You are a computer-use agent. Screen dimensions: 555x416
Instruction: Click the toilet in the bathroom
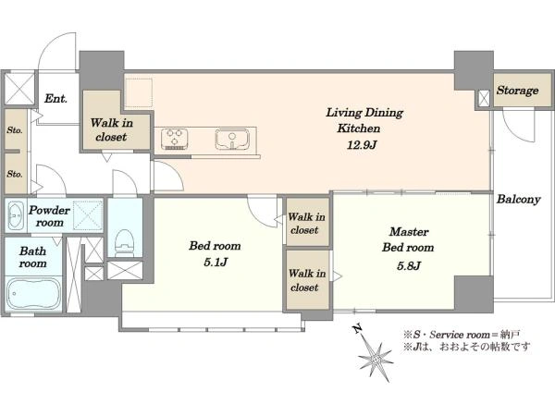click(124, 242)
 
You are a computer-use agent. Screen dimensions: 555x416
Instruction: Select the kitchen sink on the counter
click(232, 139)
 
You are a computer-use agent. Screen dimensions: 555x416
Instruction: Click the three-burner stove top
click(175, 139)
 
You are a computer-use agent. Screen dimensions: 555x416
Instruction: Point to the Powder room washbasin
click(15, 214)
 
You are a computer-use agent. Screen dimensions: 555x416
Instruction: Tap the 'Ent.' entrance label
click(55, 98)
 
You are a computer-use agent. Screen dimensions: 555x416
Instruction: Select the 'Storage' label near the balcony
click(517, 91)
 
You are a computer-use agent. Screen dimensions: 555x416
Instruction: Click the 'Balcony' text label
click(519, 199)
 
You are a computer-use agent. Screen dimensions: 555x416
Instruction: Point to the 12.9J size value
click(361, 145)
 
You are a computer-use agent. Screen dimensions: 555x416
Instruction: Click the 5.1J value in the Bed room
click(216, 263)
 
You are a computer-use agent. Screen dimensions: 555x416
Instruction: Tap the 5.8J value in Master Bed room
click(409, 265)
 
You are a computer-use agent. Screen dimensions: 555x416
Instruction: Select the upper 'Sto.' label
click(15, 130)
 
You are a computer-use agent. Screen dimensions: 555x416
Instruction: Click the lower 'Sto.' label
click(15, 174)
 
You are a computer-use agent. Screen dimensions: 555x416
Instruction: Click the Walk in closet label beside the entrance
click(112, 129)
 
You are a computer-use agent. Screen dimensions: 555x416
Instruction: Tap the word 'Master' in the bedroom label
click(409, 232)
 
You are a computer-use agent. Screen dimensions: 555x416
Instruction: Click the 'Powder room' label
click(49, 216)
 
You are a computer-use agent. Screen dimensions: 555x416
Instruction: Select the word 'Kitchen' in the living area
click(359, 128)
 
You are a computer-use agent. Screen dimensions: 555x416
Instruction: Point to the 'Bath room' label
click(32, 257)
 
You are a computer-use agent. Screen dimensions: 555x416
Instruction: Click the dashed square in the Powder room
click(88, 214)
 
